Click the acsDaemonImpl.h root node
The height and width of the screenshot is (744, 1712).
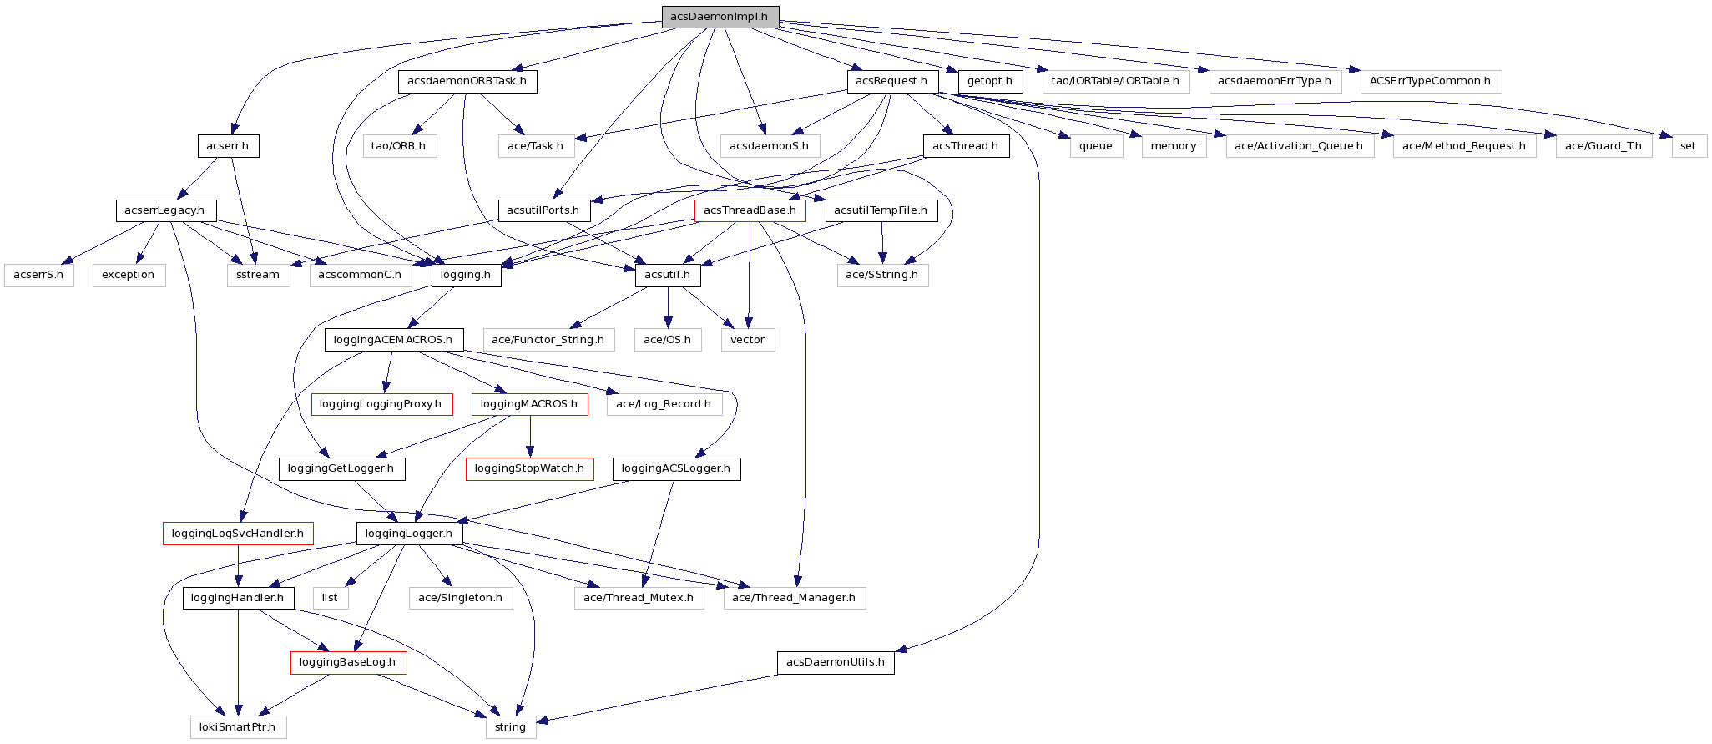[720, 17]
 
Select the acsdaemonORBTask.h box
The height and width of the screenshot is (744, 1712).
[467, 81]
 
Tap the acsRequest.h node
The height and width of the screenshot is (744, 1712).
[891, 81]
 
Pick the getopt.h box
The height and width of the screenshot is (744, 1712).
[990, 81]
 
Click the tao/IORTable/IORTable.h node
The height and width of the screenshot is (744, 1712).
[1115, 81]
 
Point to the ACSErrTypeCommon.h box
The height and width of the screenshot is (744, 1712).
[1430, 81]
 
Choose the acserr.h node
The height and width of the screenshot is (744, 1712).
[228, 146]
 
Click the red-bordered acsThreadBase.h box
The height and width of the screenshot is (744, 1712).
[750, 210]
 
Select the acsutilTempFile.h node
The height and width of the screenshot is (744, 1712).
[881, 210]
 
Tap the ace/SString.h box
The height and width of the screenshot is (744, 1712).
[882, 275]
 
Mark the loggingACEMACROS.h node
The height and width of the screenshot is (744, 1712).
[393, 340]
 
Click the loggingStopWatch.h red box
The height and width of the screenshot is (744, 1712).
[529, 468]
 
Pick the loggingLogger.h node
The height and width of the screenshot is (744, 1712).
[409, 534]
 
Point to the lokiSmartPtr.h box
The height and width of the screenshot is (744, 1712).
[238, 727]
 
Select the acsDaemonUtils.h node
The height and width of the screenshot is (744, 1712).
[836, 663]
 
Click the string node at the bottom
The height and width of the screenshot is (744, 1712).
[510, 727]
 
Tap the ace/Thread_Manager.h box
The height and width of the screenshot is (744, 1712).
[794, 598]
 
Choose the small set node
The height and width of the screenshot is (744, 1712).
[1688, 146]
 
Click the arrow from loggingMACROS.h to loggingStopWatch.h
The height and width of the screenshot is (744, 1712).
[530, 436]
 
